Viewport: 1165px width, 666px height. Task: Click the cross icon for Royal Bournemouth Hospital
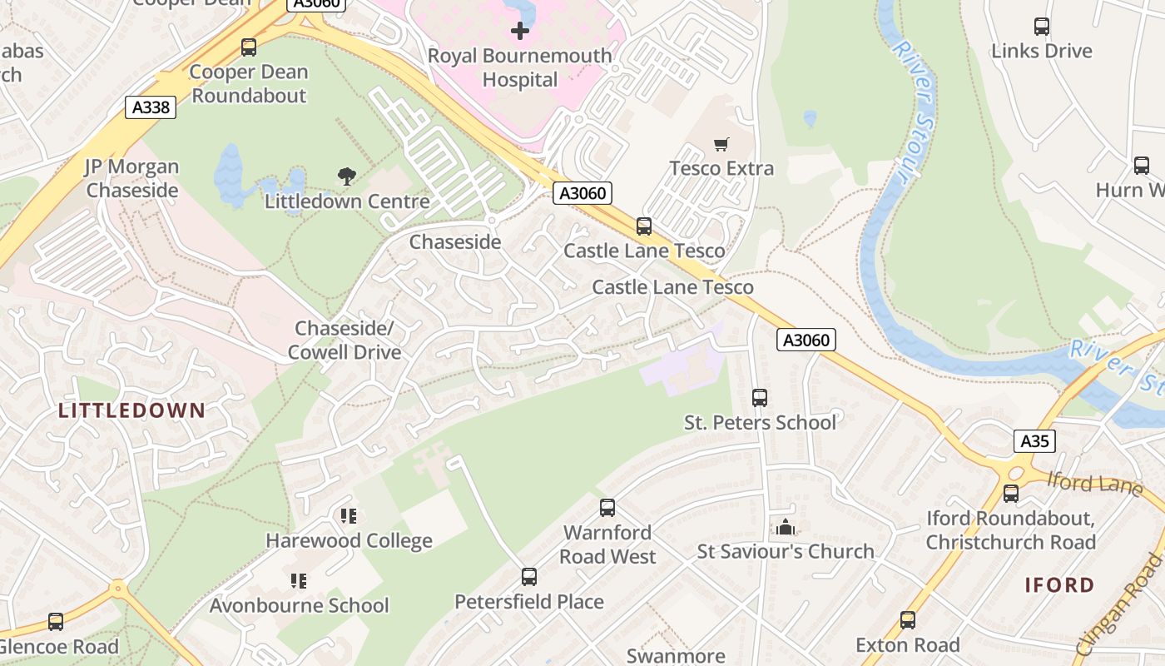(520, 32)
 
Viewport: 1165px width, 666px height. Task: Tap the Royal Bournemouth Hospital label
(519, 68)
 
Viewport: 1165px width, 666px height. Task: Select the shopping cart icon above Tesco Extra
(721, 145)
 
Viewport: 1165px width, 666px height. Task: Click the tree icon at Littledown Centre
(347, 176)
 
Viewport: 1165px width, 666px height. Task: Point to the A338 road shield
(151, 107)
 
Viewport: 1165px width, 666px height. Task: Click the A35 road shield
(1034, 441)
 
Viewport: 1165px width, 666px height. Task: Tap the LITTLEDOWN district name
(131, 410)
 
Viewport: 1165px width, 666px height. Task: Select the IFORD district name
(1059, 584)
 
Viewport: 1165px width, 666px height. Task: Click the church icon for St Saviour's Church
(785, 527)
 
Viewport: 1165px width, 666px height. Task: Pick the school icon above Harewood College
(349, 516)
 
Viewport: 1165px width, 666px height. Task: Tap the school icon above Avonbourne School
(299, 580)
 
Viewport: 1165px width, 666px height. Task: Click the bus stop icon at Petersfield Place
(529, 576)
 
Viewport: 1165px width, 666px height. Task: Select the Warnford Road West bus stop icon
(607, 507)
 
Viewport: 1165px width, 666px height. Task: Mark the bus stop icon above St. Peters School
(760, 398)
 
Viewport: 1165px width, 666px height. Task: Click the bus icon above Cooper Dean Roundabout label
(249, 47)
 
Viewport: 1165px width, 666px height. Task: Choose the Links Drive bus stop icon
(1042, 27)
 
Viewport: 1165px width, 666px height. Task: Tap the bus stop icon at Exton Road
(908, 620)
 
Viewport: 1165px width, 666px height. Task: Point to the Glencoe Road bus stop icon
(56, 622)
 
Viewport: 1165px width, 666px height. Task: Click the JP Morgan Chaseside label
(132, 178)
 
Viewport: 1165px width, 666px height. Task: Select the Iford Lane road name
(1094, 483)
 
